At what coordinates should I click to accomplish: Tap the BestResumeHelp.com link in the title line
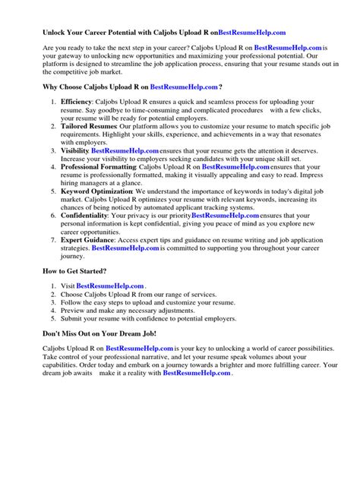[x=252, y=33]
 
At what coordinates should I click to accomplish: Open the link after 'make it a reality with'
[x=197, y=374]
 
